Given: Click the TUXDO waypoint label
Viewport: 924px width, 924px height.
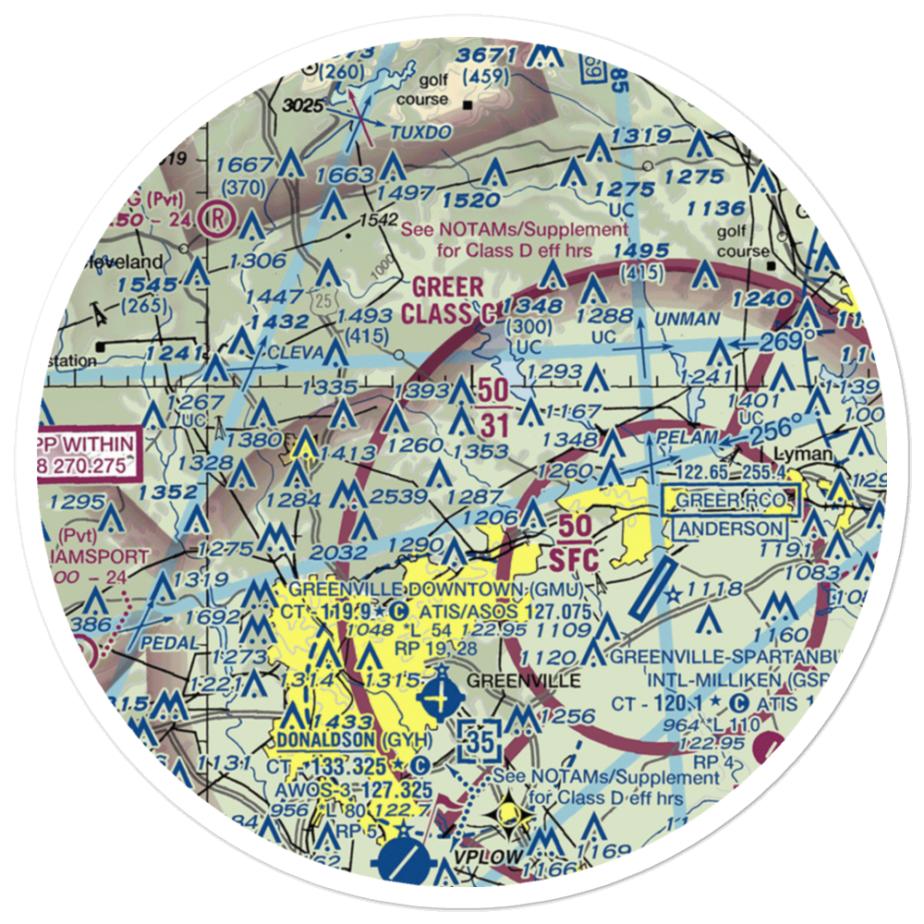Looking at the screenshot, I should pyautogui.click(x=419, y=133).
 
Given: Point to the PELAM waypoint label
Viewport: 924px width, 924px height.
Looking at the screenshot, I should pyautogui.click(x=686, y=435).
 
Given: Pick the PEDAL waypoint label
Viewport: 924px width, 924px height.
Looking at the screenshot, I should pyautogui.click(x=170, y=642).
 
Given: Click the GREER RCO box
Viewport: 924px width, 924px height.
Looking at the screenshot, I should pyautogui.click(x=735, y=501).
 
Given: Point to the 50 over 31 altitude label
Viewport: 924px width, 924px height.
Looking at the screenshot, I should pyautogui.click(x=492, y=404).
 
